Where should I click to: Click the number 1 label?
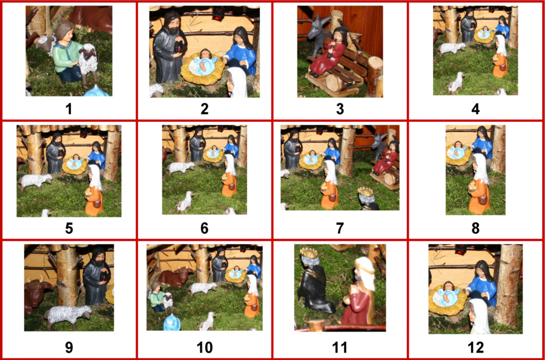click(x=69, y=109)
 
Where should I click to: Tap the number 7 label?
click(x=340, y=228)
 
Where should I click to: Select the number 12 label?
click(x=475, y=347)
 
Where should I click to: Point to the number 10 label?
click(x=205, y=347)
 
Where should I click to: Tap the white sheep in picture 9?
click(x=68, y=315)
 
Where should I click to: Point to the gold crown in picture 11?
click(x=309, y=253)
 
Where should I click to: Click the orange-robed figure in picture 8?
click(x=479, y=184)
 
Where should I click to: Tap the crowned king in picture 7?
click(x=368, y=198)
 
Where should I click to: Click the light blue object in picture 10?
click(x=172, y=322)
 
